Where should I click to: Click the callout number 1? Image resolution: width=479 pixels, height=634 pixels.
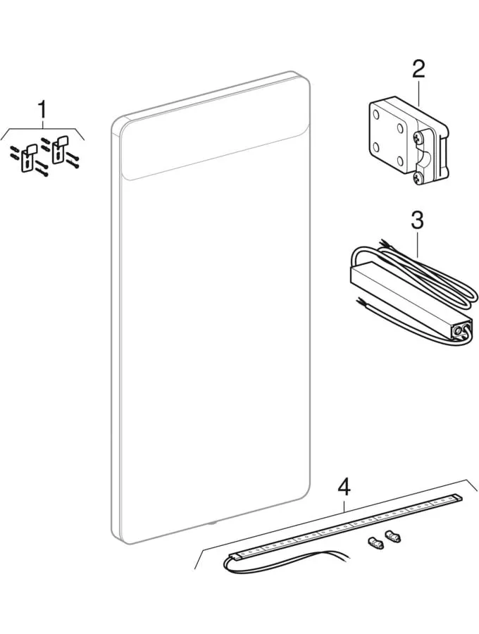point(42,110)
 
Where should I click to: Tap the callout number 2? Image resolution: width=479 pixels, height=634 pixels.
point(418,69)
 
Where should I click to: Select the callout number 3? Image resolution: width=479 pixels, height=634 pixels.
point(417,220)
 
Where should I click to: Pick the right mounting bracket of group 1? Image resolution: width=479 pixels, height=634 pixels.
point(58,150)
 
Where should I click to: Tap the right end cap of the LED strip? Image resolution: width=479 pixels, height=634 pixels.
point(459,497)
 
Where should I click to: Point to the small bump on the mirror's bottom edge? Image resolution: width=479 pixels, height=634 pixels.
point(212,523)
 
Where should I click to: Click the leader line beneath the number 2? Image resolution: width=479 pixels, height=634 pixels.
point(418,92)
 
